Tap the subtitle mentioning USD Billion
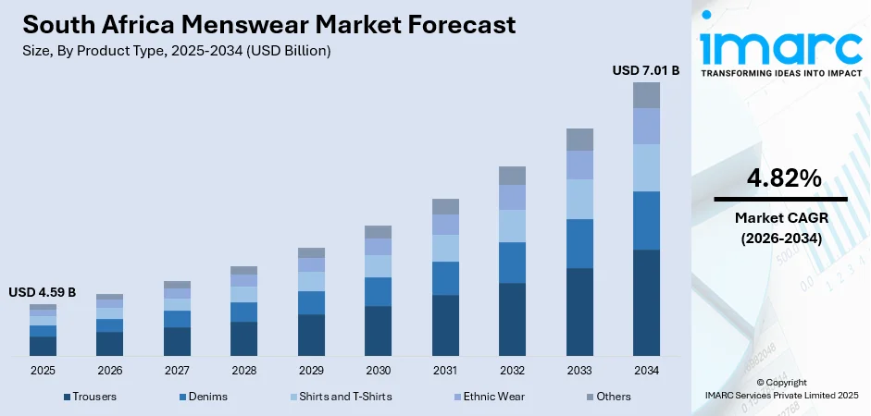175,51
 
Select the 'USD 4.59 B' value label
43,292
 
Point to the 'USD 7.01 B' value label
645,70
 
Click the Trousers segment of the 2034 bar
646,302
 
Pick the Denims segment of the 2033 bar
579,243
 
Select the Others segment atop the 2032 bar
512,176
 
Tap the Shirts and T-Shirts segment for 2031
445,248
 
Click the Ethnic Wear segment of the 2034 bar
646,126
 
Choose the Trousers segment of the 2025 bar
43,346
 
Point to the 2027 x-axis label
177,371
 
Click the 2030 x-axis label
378,371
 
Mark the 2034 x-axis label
646,371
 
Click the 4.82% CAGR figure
780,179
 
